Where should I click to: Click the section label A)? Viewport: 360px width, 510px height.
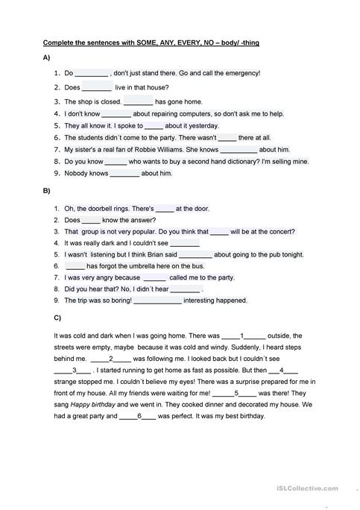(x=48, y=57)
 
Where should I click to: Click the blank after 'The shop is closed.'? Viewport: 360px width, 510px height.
(x=138, y=101)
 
